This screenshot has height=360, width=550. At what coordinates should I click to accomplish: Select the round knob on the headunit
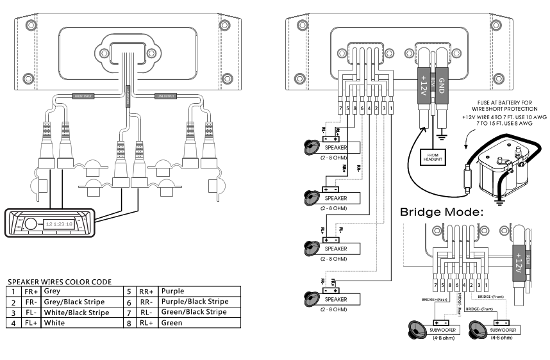(x=31, y=224)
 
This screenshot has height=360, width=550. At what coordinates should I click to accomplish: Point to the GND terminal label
(x=440, y=85)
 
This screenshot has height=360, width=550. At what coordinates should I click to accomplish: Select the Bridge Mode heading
(x=440, y=211)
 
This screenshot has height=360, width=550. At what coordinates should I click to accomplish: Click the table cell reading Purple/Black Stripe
(x=194, y=301)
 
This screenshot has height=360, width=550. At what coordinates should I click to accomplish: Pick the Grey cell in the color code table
(x=52, y=291)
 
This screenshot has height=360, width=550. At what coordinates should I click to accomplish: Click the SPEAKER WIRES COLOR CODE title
(x=60, y=281)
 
